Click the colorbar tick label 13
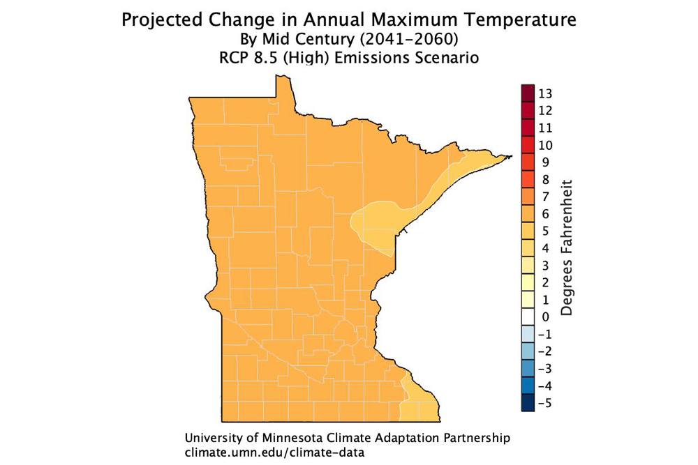point(545,93)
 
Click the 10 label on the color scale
point(545,145)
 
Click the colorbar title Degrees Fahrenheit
point(567,248)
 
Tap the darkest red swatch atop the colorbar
point(528,93)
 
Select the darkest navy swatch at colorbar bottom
point(528,404)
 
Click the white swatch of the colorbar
point(528,317)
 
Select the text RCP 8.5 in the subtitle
point(244,59)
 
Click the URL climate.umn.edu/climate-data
point(275,452)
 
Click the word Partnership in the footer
point(475,439)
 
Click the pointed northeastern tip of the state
point(512,155)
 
